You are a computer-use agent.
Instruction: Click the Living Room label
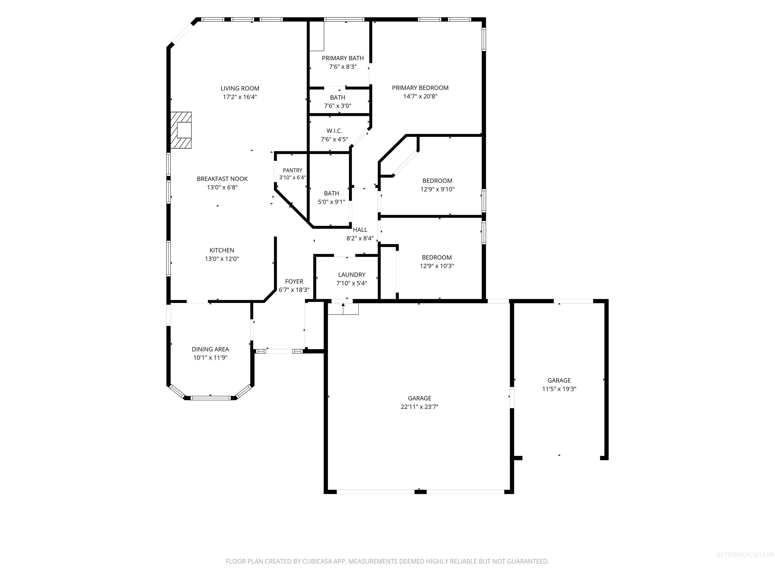pyautogui.click(x=240, y=89)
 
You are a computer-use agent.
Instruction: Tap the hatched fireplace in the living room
pyautogui.click(x=181, y=130)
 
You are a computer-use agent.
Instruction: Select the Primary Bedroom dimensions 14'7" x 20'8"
pyautogui.click(x=420, y=96)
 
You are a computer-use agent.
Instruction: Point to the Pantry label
pyautogui.click(x=293, y=170)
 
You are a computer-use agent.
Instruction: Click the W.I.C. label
pyautogui.click(x=334, y=131)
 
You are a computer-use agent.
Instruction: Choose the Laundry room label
pyautogui.click(x=351, y=275)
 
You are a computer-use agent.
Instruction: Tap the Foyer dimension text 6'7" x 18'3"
pyautogui.click(x=294, y=290)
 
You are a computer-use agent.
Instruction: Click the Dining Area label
pyautogui.click(x=210, y=349)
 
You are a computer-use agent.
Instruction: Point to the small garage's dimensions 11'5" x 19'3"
pyautogui.click(x=559, y=389)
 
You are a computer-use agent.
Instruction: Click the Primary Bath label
pyautogui.click(x=343, y=59)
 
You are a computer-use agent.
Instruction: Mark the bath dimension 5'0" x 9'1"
pyautogui.click(x=331, y=202)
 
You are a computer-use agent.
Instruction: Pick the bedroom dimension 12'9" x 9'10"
pyautogui.click(x=437, y=189)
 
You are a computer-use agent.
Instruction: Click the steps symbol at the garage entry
pyautogui.click(x=343, y=309)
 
